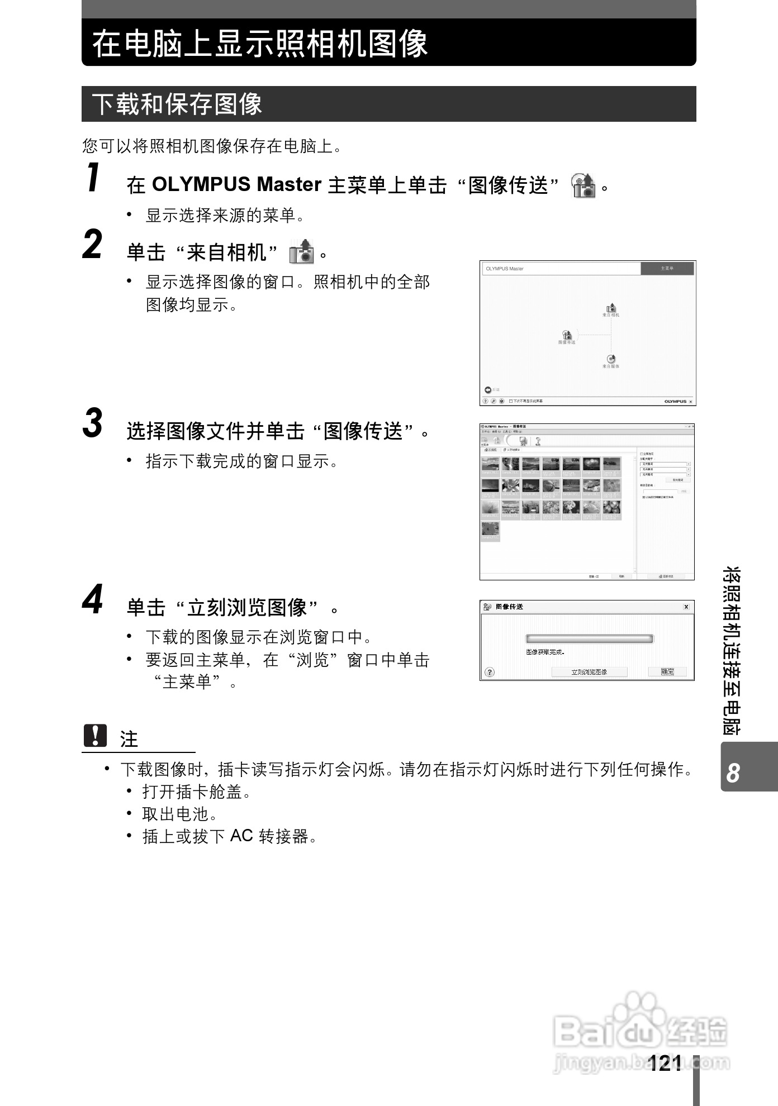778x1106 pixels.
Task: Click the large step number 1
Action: point(94,178)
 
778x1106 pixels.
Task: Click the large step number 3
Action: point(93,423)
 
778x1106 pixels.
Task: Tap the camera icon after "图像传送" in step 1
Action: point(583,185)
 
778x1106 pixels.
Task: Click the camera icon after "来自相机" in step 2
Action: point(301,252)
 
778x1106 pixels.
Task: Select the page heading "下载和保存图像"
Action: point(177,104)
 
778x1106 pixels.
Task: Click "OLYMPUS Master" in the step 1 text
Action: point(236,184)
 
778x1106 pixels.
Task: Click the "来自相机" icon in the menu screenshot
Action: point(611,308)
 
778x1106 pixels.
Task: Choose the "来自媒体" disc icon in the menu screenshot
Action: point(611,359)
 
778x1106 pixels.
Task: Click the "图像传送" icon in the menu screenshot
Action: point(567,335)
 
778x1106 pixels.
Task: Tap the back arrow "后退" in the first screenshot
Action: point(488,390)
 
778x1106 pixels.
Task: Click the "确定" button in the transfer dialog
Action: point(667,671)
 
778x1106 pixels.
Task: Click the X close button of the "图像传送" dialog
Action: point(686,607)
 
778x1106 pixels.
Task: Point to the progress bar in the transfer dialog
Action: point(589,639)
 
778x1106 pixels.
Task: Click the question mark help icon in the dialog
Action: point(490,672)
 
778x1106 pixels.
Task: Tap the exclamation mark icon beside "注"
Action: point(95,736)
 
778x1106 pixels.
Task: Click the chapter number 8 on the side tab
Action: point(733,773)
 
